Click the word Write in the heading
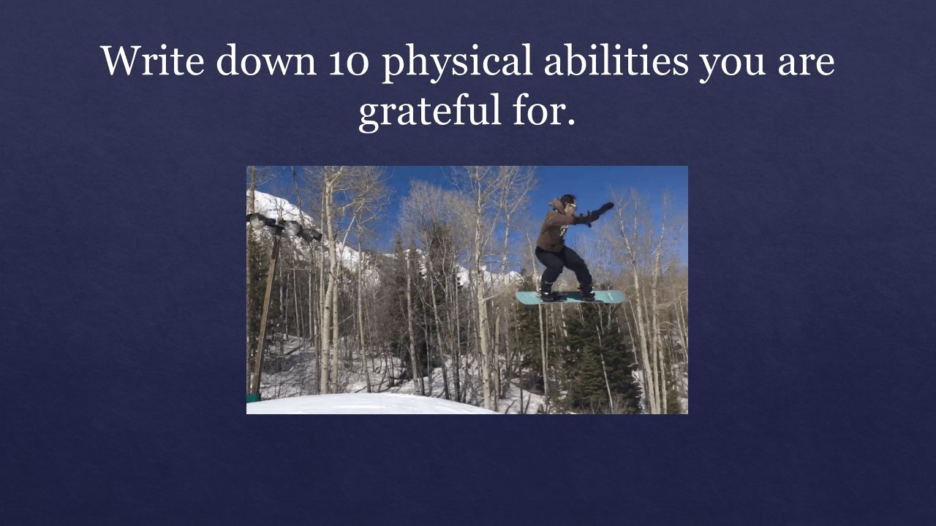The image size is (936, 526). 153,61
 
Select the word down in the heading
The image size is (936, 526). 266,61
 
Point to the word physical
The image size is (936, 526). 457,64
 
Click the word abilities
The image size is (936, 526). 616,61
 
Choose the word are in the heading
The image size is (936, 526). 806,64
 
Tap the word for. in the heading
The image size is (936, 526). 544,110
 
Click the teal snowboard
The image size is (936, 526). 571,297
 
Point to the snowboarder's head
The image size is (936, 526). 568,202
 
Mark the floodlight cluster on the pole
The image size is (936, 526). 285,227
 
